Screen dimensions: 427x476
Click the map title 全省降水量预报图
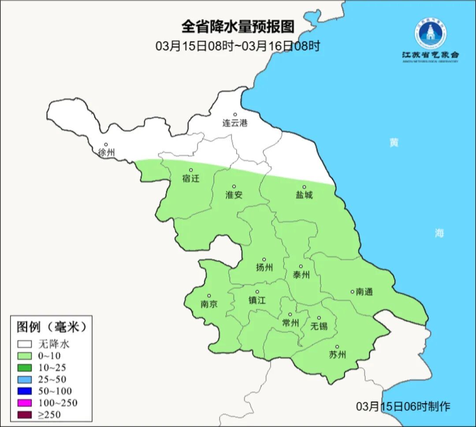(238, 27)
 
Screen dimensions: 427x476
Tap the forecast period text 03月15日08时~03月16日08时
(238, 46)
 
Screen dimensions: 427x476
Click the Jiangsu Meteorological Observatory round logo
(430, 33)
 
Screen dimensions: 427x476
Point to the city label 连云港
(235, 123)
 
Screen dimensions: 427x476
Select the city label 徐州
(106, 152)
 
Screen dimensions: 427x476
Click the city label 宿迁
(191, 178)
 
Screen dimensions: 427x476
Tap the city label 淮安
(234, 195)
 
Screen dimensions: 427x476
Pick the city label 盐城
(304, 195)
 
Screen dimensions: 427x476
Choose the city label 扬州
(264, 267)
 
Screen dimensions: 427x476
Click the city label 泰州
(301, 275)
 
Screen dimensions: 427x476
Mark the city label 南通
(364, 292)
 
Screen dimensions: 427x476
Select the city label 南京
(209, 304)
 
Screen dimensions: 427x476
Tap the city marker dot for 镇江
(257, 292)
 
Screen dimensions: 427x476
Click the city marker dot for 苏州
(337, 347)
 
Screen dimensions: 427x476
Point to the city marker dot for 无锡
(319, 318)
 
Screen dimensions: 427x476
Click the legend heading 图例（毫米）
(51, 327)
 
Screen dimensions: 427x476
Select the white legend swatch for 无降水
(25, 344)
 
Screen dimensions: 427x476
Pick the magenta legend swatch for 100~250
(25, 403)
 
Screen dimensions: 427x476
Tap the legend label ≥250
(49, 415)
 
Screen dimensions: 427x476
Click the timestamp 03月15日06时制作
(403, 406)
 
